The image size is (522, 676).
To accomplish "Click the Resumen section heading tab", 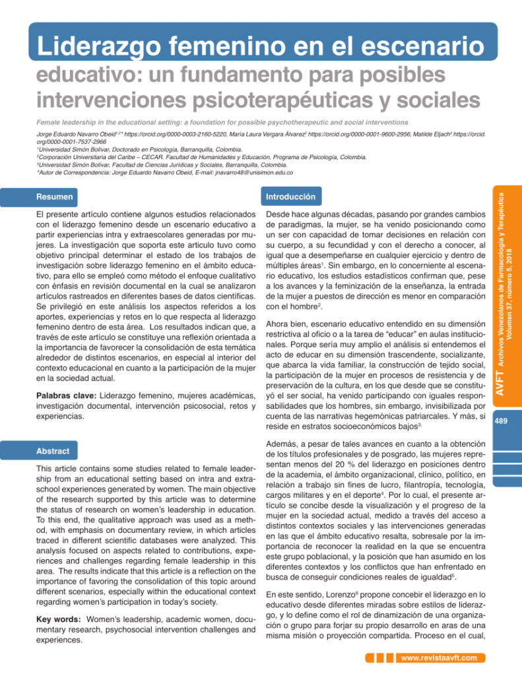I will point(55,197).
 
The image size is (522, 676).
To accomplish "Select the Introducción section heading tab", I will point(290,197).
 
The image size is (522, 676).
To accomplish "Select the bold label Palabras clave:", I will point(65,395).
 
